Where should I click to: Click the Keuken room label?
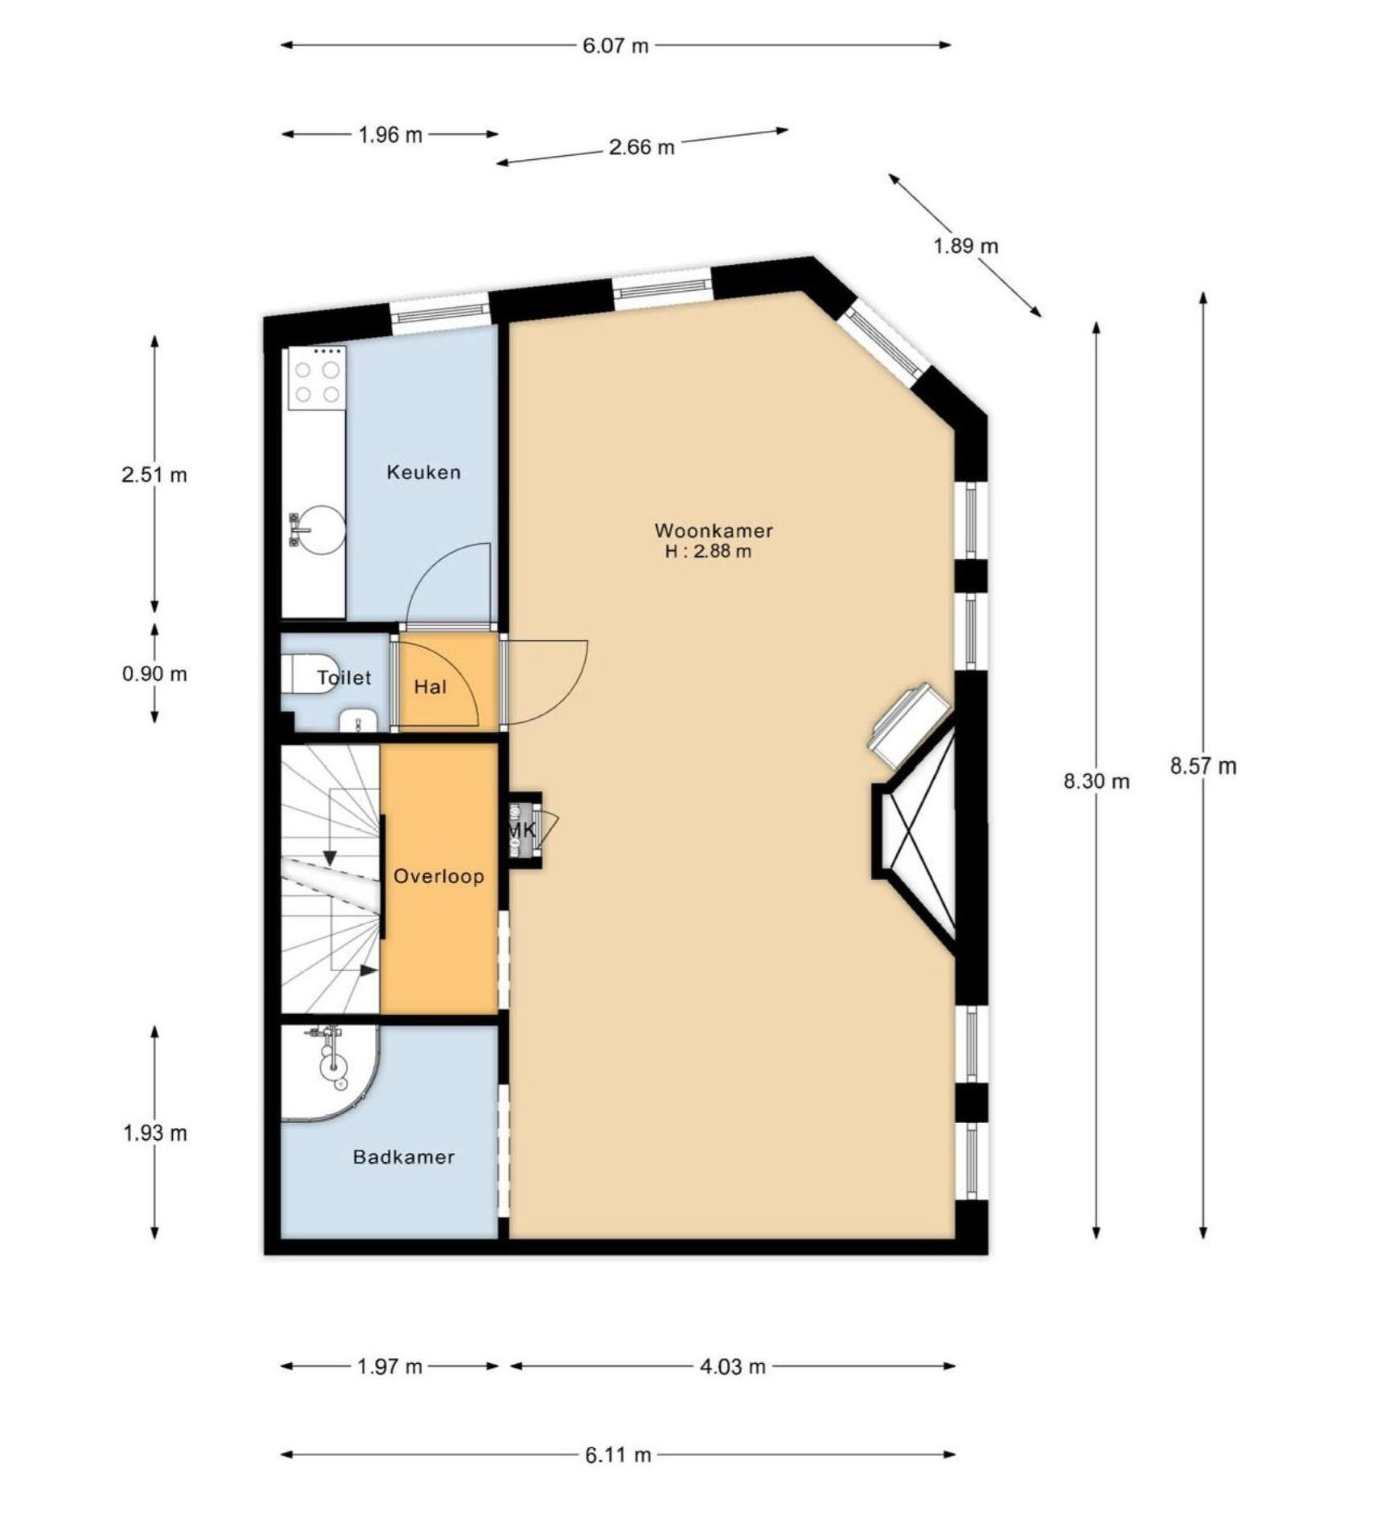(423, 472)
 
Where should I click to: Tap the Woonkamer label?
(713, 531)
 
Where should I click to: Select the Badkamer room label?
(403, 1157)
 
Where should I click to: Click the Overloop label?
(439, 876)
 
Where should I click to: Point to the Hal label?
(430, 687)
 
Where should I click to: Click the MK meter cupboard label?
(521, 830)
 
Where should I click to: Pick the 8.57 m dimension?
(1203, 766)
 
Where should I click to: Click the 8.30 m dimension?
(1096, 781)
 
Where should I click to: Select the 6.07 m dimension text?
(616, 45)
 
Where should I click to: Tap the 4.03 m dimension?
(732, 1366)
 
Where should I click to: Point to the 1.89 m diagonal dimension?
(966, 246)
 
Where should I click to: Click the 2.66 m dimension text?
(642, 147)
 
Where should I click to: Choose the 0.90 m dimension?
(154, 673)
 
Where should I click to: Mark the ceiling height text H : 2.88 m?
(708, 552)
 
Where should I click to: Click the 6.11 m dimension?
(618, 1455)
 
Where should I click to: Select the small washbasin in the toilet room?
(356, 720)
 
